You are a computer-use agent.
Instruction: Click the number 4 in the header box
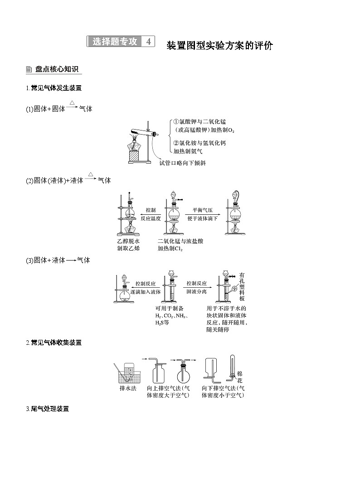pos(148,41)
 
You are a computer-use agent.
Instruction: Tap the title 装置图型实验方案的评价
pos(219,45)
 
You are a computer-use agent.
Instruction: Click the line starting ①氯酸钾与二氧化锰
pos(203,121)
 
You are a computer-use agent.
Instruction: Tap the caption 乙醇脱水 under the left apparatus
pos(128,241)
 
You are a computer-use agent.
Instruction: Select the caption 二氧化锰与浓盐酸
pos(180,241)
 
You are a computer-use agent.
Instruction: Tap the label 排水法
pos(127,388)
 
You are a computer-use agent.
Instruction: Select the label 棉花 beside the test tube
pos(240,377)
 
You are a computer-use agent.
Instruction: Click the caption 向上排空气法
pos(168,388)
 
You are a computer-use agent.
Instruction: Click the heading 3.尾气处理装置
pos(48,409)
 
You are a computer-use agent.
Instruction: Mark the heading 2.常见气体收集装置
pos(54,343)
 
